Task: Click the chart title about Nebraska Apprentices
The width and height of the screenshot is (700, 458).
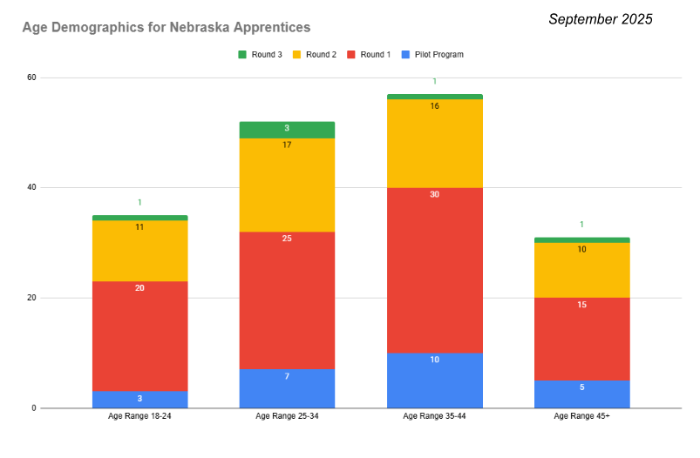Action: click(x=166, y=29)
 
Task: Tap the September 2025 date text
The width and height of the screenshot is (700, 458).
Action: click(x=600, y=19)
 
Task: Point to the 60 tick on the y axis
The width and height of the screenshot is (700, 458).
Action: click(x=31, y=77)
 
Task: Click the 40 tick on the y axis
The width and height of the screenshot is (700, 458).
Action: click(x=31, y=187)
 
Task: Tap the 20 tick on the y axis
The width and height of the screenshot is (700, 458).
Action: click(x=31, y=298)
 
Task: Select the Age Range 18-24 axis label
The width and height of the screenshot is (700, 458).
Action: click(x=139, y=417)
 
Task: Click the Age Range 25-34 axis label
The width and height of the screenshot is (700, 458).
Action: click(x=287, y=417)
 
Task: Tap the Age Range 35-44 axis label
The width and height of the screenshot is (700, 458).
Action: click(x=434, y=417)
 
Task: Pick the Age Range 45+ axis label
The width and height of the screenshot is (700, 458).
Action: click(x=581, y=417)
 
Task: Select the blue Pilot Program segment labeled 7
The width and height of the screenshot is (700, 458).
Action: click(x=287, y=388)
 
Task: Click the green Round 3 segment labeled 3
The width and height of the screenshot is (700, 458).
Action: click(x=287, y=130)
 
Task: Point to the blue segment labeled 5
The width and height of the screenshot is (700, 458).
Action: click(x=581, y=394)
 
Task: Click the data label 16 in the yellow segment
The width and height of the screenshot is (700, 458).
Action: click(x=434, y=106)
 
